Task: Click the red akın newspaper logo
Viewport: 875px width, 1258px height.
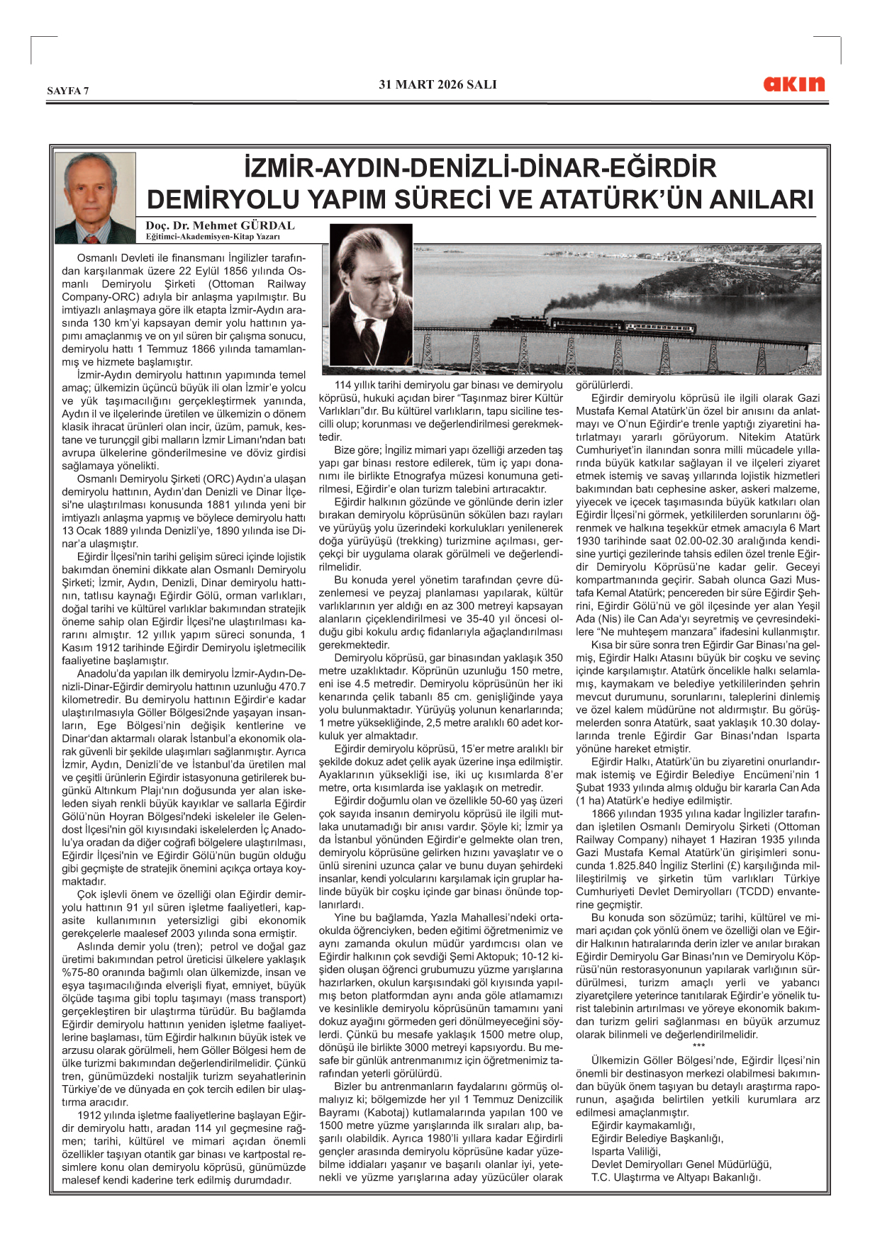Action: (793, 84)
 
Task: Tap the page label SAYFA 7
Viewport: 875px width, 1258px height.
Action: (68, 91)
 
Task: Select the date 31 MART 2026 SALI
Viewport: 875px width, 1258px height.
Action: (437, 84)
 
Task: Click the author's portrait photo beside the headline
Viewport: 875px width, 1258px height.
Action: (95, 198)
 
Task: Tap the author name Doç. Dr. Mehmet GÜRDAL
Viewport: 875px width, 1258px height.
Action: (220, 226)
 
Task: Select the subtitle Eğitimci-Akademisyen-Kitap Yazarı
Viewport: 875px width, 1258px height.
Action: (213, 237)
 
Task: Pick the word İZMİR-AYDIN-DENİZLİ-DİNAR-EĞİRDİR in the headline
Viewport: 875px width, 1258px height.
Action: (480, 168)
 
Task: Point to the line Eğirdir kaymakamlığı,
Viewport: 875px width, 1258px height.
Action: (643, 1125)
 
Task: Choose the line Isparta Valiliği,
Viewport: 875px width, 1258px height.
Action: (625, 1151)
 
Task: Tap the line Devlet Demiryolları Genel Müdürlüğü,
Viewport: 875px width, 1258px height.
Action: (681, 1164)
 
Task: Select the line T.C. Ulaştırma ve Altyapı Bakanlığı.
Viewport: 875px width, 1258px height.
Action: (676, 1177)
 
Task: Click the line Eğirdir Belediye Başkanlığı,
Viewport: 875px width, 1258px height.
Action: (657, 1138)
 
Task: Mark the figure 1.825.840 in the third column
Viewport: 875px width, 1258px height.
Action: (636, 865)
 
